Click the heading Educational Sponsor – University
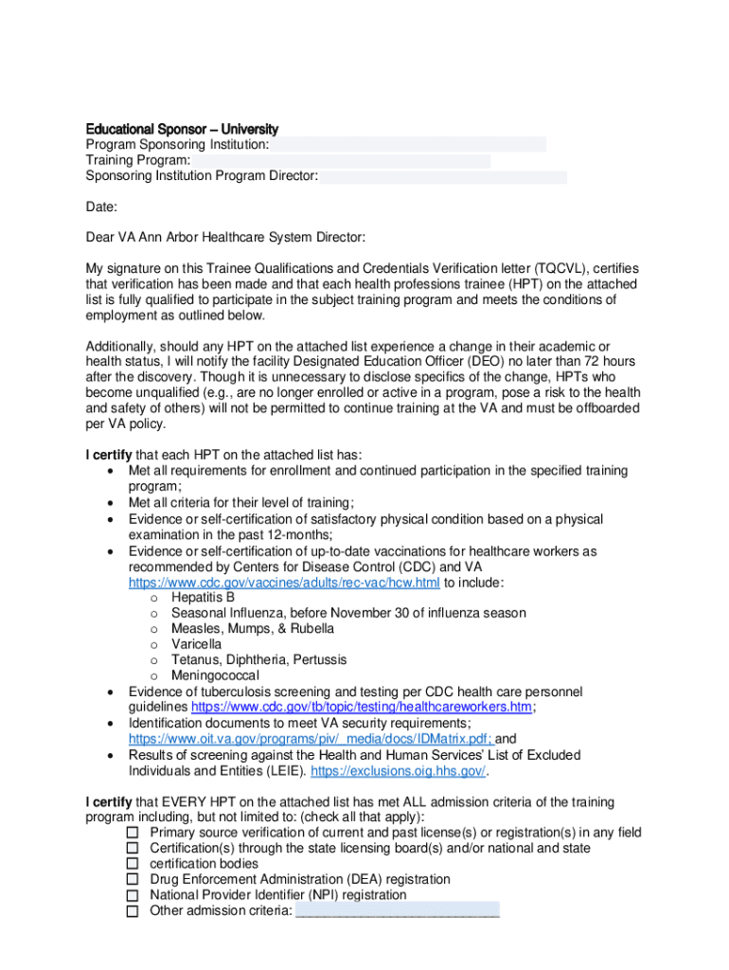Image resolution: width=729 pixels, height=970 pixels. click(182, 129)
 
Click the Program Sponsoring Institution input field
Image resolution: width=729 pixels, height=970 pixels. click(408, 145)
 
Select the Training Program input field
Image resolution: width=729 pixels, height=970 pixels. click(341, 161)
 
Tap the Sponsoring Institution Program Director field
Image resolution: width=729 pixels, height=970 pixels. click(443, 177)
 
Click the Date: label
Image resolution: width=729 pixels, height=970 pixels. click(101, 207)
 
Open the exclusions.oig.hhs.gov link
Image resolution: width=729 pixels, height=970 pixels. click(398, 771)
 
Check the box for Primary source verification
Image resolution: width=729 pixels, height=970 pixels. click(133, 833)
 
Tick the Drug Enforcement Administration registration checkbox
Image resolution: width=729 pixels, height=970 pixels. click(133, 880)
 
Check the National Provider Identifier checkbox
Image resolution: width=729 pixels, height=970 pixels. click(133, 895)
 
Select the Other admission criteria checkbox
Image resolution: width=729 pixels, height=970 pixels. click(133, 911)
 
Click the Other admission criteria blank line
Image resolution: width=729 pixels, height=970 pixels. click(398, 911)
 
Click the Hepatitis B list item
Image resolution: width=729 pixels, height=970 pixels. click(203, 598)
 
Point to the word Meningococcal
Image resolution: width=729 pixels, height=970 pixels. click(215, 675)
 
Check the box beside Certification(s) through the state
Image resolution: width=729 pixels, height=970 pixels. click(133, 849)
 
